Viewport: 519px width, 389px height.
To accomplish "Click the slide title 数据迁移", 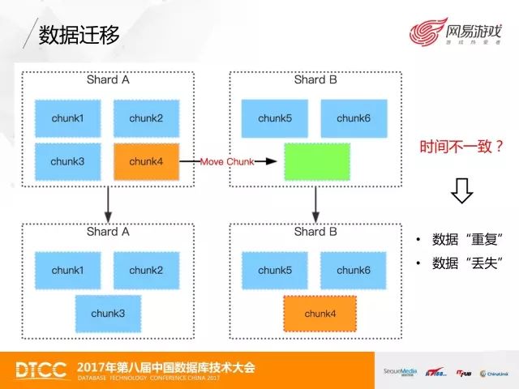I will tap(79, 34).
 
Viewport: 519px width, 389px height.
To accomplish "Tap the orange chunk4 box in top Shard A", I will tap(146, 161).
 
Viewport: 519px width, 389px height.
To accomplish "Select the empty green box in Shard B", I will tap(317, 161).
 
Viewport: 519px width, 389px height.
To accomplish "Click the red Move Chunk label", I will tap(227, 162).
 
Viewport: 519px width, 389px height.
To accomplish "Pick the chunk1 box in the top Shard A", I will tap(67, 118).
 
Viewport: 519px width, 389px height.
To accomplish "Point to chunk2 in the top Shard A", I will tap(146, 118).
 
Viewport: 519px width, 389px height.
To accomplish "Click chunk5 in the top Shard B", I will tap(275, 118).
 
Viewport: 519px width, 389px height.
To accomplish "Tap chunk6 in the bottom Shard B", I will tap(354, 270).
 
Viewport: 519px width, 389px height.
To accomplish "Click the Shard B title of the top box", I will tap(315, 80).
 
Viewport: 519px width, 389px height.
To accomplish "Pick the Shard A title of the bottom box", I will tap(108, 232).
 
